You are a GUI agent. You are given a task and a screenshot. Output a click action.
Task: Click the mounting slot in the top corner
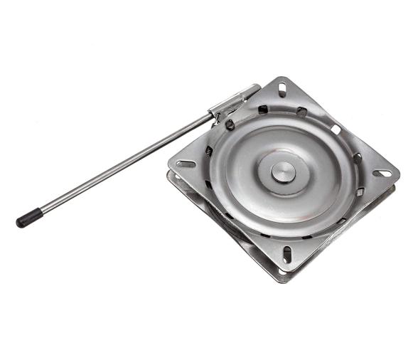(x=282, y=90)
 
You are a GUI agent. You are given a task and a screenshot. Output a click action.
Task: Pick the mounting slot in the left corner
(x=186, y=164)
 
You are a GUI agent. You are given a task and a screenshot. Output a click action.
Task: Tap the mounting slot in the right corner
(x=382, y=173)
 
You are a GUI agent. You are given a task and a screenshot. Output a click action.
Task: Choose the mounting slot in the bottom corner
(x=288, y=253)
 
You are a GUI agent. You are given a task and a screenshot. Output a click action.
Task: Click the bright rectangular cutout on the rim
(x=335, y=129)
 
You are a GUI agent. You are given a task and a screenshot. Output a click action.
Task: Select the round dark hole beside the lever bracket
(x=230, y=124)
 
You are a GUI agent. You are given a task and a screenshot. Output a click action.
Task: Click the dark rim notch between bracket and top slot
(x=262, y=110)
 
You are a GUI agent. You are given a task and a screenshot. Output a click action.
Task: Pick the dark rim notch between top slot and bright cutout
(x=302, y=112)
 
